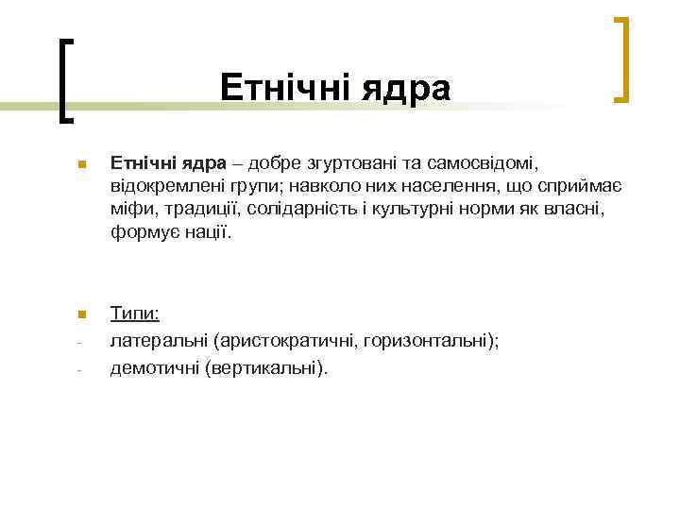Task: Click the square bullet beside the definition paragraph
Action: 82,167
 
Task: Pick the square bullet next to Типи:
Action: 82,314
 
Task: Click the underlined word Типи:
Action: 134,314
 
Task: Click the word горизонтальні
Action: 433,341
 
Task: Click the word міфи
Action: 131,209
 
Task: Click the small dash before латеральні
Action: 81,342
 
